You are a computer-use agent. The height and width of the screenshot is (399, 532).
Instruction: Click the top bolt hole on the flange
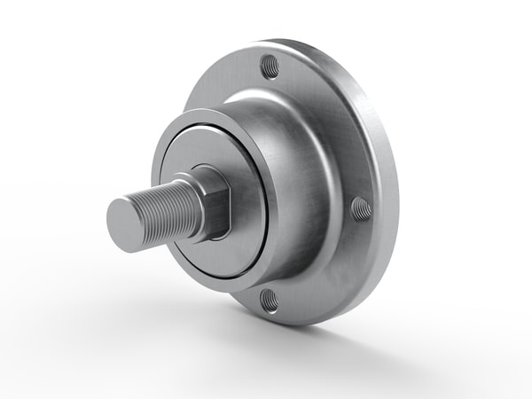pyautogui.click(x=270, y=66)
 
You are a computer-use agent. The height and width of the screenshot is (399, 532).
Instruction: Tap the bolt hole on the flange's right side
pyautogui.click(x=361, y=209)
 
